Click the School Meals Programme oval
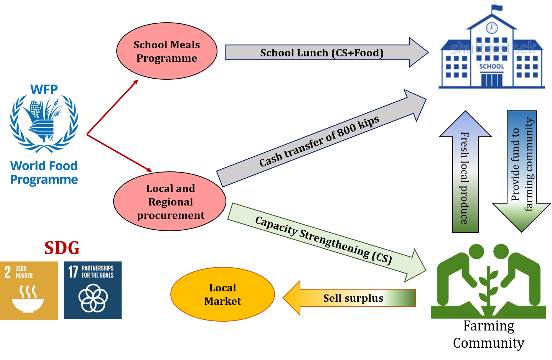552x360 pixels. [x=166, y=51]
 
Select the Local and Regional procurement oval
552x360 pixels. [x=170, y=202]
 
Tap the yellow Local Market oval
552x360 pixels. [x=222, y=294]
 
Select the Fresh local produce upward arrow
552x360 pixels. [x=465, y=176]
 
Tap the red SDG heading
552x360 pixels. [x=62, y=248]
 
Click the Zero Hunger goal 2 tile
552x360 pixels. [x=29, y=290]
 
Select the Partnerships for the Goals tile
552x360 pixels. [x=92, y=290]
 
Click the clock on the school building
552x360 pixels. [x=491, y=28]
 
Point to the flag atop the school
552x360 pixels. [x=497, y=8]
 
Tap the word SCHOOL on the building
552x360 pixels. [x=491, y=66]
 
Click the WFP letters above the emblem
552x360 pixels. [x=44, y=90]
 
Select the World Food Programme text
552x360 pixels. [x=44, y=173]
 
